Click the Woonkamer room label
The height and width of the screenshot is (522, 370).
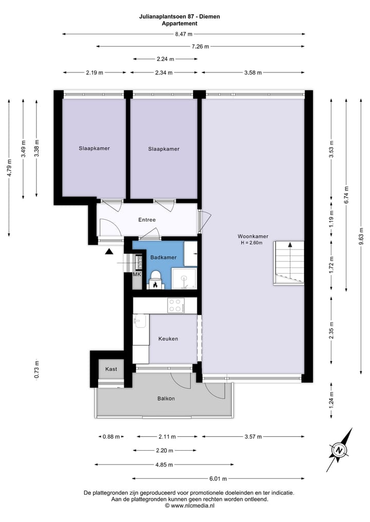click(252, 236)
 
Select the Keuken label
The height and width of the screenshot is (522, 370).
click(168, 339)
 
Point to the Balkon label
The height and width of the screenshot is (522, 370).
click(166, 399)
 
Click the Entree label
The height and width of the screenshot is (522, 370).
click(146, 220)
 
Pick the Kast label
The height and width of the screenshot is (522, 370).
click(111, 369)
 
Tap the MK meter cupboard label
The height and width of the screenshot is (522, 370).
click(137, 275)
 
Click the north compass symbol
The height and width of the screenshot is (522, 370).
click(340, 450)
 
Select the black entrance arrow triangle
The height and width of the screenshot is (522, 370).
click(109, 252)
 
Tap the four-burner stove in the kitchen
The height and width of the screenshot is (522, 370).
click(176, 305)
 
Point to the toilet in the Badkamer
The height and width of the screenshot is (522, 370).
click(155, 281)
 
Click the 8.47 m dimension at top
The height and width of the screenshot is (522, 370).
click(183, 34)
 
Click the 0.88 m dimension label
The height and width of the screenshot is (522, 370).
click(111, 437)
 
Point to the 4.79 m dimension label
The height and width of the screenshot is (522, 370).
click(9, 168)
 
